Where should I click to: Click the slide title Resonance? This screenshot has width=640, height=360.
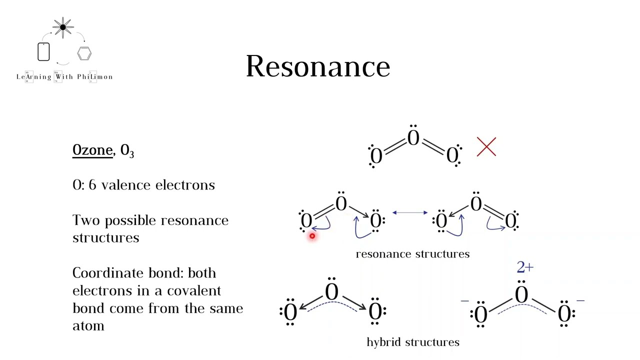coord(318,66)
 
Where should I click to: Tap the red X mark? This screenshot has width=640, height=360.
coord(486,147)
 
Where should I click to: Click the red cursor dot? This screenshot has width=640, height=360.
coord(312,236)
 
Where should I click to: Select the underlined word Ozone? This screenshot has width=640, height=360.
coord(92,150)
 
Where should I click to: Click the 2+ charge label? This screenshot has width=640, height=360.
coord(525,267)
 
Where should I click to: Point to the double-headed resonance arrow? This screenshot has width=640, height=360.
coord(410,212)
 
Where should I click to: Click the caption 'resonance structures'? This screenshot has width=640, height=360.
coord(412,254)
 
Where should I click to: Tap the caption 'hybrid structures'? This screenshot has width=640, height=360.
coord(413,342)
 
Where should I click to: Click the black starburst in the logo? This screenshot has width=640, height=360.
coord(63,27)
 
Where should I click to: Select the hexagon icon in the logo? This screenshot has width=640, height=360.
coord(84,53)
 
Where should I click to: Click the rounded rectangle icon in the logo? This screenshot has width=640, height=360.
coord(43,52)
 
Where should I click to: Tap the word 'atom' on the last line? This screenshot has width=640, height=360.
coord(88,326)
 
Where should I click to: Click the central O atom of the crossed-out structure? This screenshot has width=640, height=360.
coord(413,138)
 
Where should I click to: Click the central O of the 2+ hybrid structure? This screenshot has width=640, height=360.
coord(521,294)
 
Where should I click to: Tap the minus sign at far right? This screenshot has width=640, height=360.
coord(580,301)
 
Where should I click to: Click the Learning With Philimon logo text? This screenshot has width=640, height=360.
coord(64,77)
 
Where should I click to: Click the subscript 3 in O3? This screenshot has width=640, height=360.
coord(131,153)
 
